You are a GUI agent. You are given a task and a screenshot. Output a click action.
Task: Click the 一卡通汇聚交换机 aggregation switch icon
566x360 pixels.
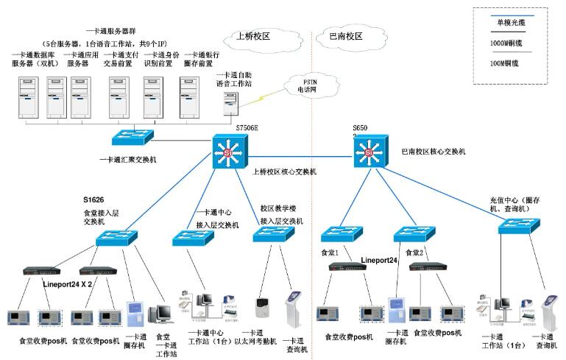point(130,136)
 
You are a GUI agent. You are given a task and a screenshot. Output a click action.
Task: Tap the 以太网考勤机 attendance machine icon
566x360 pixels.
point(263,307)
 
